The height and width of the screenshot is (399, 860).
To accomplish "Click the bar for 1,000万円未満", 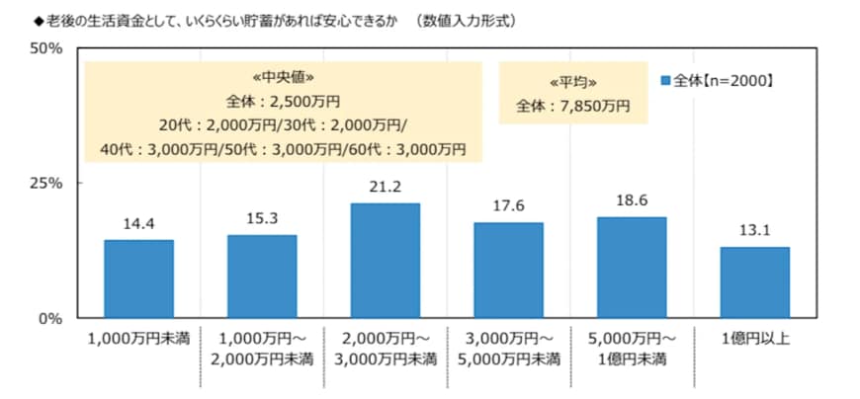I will click(138, 279).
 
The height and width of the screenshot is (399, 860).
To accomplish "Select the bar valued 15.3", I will click(262, 277).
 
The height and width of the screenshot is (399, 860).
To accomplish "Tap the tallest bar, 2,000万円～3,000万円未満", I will click(386, 261).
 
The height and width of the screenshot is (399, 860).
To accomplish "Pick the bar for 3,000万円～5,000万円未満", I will click(508, 270).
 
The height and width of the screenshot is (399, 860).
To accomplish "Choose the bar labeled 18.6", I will click(632, 268).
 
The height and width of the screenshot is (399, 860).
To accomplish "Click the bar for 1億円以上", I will click(755, 282).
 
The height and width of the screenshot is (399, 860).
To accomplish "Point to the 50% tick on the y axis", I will click(46, 48).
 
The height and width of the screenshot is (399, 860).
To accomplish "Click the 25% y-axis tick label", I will click(46, 184).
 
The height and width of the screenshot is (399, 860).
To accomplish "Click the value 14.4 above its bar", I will click(138, 225).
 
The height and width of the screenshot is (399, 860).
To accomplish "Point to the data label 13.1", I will click(755, 232).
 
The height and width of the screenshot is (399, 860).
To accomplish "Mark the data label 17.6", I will click(508, 207).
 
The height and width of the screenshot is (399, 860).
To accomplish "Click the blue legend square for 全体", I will click(665, 80).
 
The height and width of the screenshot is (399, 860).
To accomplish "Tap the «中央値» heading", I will click(284, 77).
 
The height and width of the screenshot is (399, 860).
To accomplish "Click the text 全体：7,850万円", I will click(572, 105).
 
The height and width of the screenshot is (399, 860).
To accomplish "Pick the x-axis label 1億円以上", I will click(755, 340).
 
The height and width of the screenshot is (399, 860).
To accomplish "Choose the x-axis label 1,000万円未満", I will click(138, 340).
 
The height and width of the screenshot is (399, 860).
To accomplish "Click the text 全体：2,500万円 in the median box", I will click(284, 101).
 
